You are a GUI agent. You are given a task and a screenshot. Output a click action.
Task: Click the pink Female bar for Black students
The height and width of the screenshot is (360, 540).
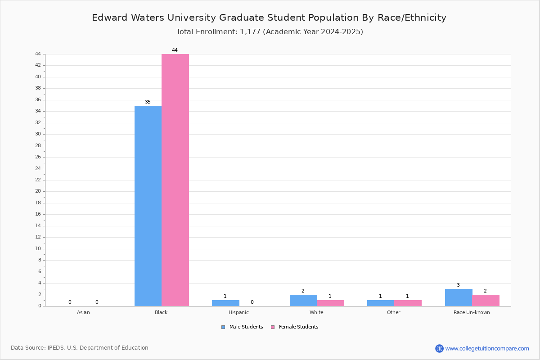[175, 180]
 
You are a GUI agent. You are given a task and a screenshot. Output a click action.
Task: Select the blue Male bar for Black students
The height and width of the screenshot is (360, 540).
[148, 206]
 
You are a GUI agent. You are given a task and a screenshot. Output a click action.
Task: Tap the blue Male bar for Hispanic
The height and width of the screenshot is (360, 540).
[225, 303]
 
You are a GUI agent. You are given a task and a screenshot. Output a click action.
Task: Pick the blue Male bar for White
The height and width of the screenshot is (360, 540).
[303, 301]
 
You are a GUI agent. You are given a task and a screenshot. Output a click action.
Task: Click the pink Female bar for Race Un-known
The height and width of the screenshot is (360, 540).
[486, 301]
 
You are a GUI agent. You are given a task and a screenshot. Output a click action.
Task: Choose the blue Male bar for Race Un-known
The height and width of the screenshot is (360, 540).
[459, 297]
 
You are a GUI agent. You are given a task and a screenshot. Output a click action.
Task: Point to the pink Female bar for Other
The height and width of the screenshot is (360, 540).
[408, 303]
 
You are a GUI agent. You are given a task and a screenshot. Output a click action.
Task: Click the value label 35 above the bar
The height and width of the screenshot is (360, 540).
[148, 102]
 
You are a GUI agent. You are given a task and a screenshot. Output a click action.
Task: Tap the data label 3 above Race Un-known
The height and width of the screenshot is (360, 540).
[458, 285]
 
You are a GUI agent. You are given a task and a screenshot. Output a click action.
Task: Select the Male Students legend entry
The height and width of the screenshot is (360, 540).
[242, 327]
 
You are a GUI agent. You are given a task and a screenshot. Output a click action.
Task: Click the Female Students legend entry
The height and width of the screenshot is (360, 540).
[295, 327]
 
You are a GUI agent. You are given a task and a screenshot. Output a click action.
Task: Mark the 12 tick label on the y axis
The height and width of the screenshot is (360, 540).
[38, 237]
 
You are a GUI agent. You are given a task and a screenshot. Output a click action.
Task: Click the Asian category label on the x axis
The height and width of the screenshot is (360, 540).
[83, 312]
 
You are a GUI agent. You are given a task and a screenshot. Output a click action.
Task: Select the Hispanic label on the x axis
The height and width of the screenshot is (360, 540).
[238, 312]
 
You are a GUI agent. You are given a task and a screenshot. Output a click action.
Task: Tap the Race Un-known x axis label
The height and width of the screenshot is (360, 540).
[472, 312]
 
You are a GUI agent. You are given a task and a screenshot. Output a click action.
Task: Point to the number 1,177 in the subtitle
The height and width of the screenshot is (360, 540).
[250, 32]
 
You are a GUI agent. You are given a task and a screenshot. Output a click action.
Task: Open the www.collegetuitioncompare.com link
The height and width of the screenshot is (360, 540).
[487, 348]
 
